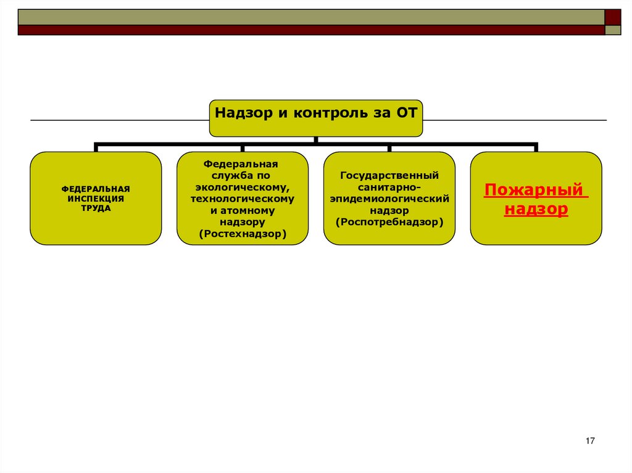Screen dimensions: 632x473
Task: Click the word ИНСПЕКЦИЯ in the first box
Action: (x=96, y=199)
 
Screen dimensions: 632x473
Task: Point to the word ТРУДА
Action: (x=96, y=208)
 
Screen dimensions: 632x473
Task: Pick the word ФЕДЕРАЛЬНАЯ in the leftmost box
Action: (x=96, y=189)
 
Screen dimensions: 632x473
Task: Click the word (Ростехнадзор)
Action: (x=243, y=234)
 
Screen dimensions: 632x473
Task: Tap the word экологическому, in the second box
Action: (x=243, y=187)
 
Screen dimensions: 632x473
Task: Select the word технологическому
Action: (x=243, y=199)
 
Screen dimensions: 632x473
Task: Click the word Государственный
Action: (x=389, y=176)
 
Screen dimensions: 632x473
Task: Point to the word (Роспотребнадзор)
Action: (x=389, y=221)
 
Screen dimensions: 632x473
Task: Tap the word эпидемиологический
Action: (x=389, y=199)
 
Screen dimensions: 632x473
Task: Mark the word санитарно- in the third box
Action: (x=389, y=187)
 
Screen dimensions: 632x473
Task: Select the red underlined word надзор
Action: (x=536, y=209)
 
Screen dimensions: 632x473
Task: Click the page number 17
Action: (x=589, y=440)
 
